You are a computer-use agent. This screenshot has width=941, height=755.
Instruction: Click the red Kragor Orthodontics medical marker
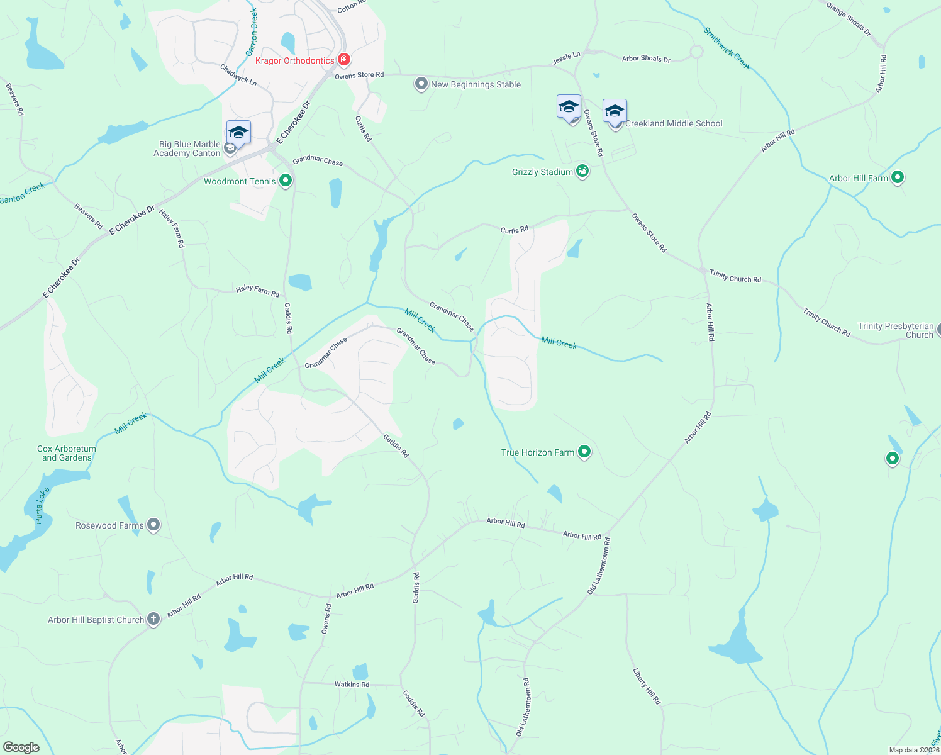pyautogui.click(x=343, y=60)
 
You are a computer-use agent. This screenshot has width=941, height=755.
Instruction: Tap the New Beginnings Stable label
pyautogui.click(x=476, y=84)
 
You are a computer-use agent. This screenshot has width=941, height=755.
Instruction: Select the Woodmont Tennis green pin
pyautogui.click(x=286, y=181)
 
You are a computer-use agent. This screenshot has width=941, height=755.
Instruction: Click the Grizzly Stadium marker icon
pyautogui.click(x=582, y=171)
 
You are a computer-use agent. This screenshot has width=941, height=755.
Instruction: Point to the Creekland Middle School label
pyautogui.click(x=674, y=123)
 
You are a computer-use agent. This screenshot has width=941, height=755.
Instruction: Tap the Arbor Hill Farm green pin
pyautogui.click(x=898, y=178)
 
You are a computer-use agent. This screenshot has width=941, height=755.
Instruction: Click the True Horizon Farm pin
pyautogui.click(x=584, y=452)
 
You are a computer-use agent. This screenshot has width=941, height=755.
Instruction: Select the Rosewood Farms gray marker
pyautogui.click(x=153, y=525)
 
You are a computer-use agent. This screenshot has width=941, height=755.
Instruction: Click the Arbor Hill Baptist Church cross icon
pyautogui.click(x=153, y=620)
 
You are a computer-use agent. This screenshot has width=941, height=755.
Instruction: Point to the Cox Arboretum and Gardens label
pyautogui.click(x=67, y=453)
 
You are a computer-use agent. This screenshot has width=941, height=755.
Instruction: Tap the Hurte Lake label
pyautogui.click(x=42, y=506)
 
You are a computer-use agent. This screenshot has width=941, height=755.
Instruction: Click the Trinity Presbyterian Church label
pyautogui.click(x=896, y=330)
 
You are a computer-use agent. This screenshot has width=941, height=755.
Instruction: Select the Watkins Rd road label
pyautogui.click(x=352, y=685)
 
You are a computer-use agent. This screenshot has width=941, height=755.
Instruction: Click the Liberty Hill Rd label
pyautogui.click(x=647, y=686)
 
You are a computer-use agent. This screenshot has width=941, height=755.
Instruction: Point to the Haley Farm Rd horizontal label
pyautogui.click(x=257, y=291)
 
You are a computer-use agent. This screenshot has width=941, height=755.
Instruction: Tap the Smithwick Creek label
pyautogui.click(x=727, y=48)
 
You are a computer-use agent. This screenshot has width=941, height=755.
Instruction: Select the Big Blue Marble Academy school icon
pyautogui.click(x=238, y=133)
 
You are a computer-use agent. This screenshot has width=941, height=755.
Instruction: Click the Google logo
pyautogui.click(x=21, y=747)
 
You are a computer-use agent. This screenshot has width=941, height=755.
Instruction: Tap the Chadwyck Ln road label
pyautogui.click(x=238, y=74)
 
